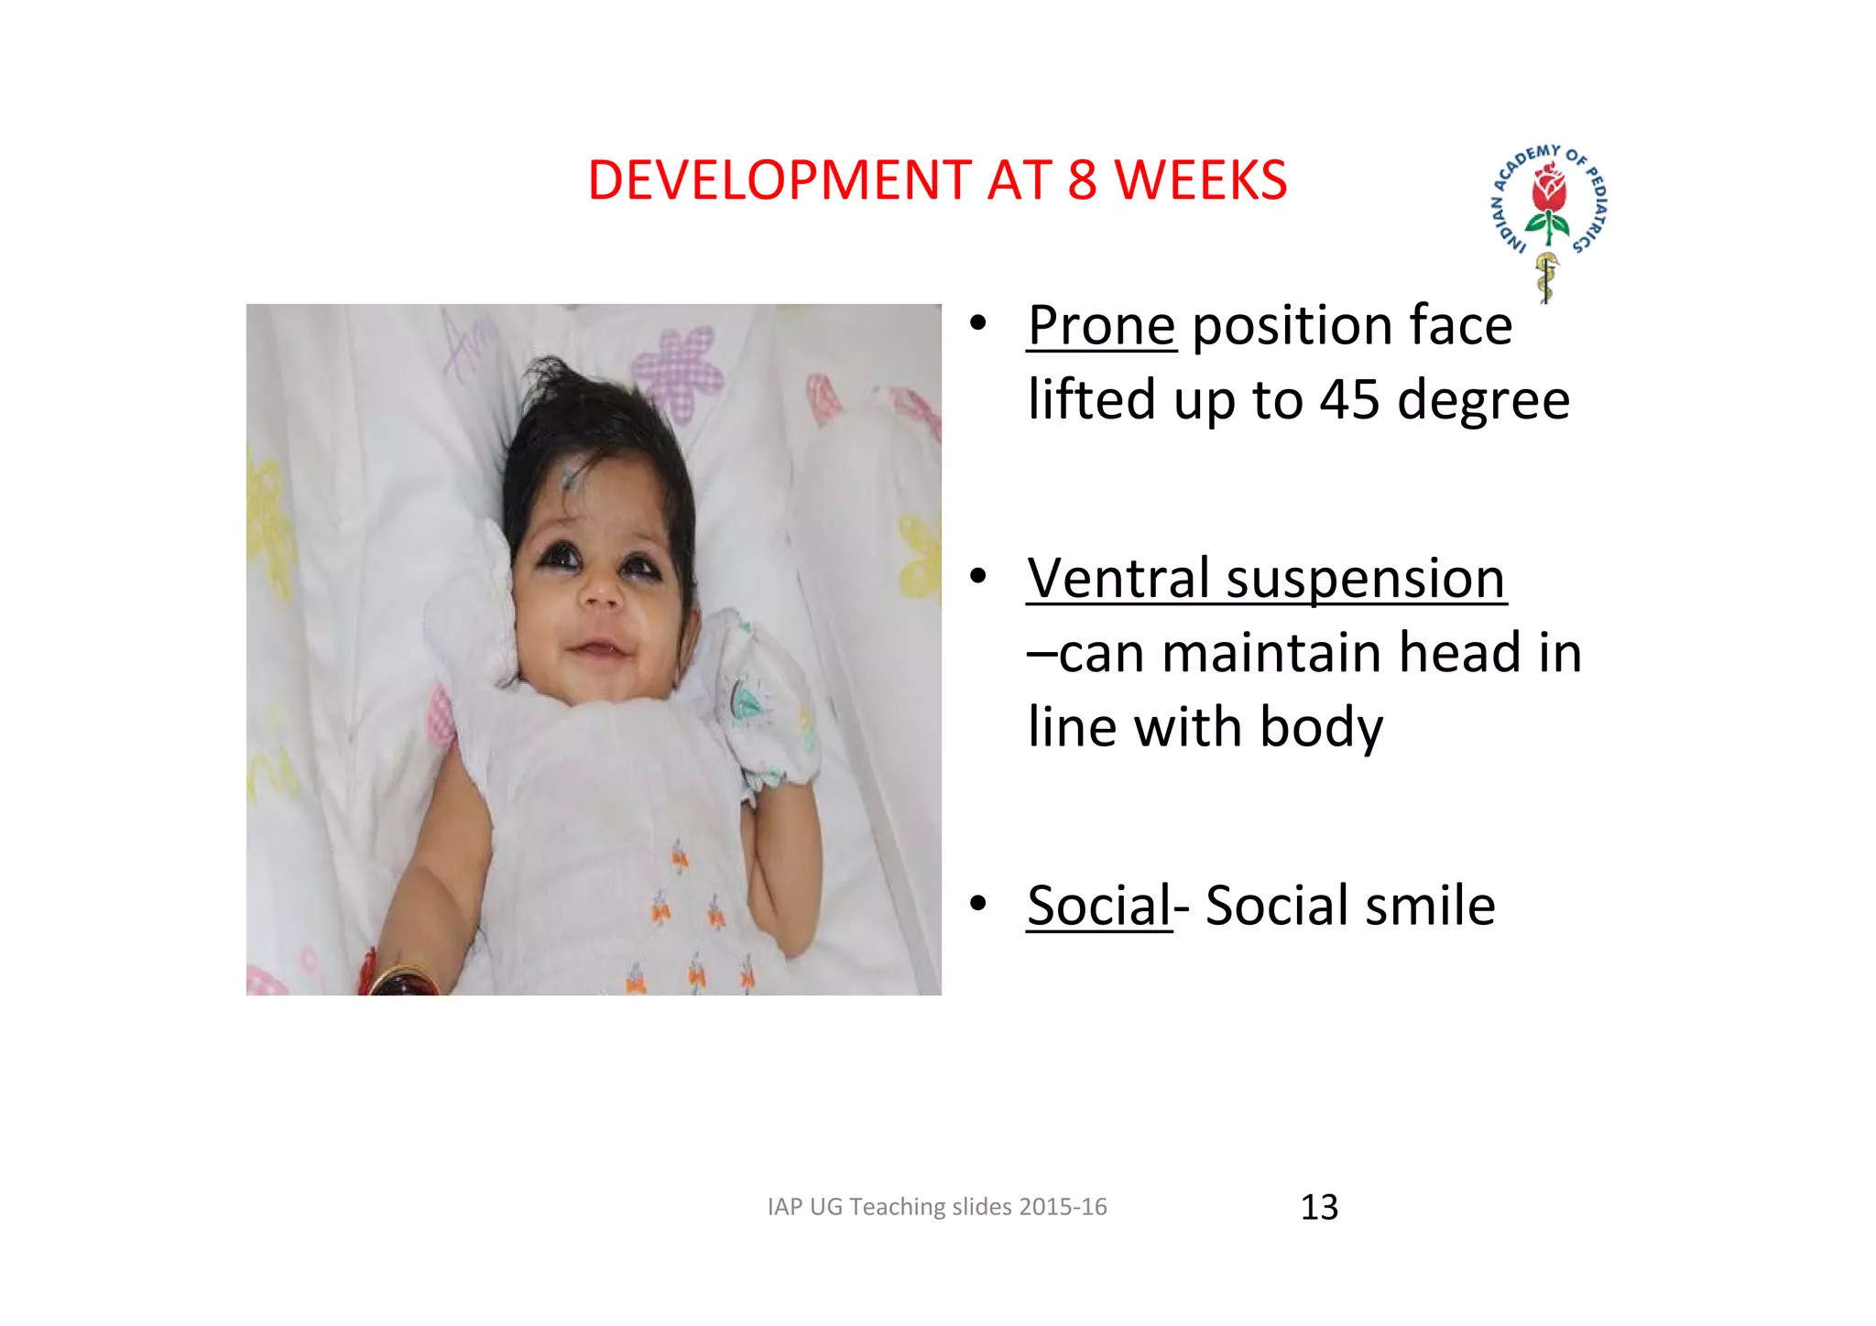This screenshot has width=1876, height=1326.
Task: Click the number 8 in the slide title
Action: coord(1082,179)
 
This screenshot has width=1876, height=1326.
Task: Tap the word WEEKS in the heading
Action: coord(1201,179)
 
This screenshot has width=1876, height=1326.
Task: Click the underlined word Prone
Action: coord(1101,326)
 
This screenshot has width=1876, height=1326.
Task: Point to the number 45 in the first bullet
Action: coord(1349,400)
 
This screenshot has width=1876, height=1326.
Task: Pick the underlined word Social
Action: coord(1099,906)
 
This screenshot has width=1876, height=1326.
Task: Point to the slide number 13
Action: coord(1319,1207)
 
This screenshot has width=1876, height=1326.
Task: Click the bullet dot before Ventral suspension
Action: coord(978,576)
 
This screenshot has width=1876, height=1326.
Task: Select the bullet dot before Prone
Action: coord(978,323)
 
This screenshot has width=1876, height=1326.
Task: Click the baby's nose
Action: coord(602,595)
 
